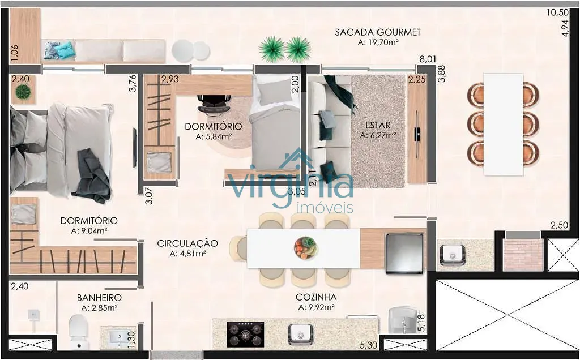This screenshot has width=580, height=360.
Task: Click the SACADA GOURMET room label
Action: (x=378, y=32)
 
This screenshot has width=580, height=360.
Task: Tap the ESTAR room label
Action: (x=378, y=125)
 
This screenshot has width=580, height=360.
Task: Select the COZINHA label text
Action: (x=316, y=297)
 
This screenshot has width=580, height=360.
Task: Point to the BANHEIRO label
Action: (x=99, y=298)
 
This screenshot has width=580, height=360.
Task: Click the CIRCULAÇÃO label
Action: (x=187, y=243)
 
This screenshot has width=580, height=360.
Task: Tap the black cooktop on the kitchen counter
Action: (x=246, y=335)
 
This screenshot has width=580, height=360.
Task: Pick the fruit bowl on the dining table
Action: (x=305, y=248)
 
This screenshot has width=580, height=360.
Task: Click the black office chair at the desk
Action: (x=214, y=103)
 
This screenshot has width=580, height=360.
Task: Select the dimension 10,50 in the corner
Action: (x=557, y=12)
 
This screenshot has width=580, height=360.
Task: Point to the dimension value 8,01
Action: (x=428, y=59)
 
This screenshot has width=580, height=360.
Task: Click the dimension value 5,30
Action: (x=368, y=345)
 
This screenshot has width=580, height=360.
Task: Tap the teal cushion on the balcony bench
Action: (x=66, y=50)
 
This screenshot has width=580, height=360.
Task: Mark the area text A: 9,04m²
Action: (x=89, y=231)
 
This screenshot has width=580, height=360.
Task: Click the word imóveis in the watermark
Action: (x=325, y=208)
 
